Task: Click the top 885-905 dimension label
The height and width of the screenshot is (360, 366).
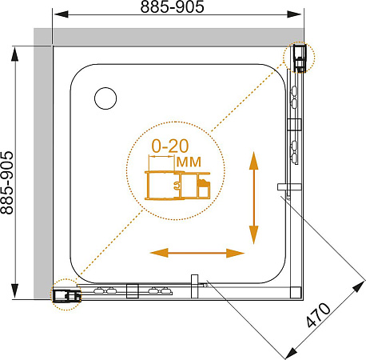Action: click(x=172, y=6)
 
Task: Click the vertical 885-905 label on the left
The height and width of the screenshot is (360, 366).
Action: click(x=6, y=183)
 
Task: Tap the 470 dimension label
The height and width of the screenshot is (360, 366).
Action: click(x=318, y=314)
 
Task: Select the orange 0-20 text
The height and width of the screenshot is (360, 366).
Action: click(x=170, y=146)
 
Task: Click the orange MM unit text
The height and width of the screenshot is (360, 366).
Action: click(x=189, y=162)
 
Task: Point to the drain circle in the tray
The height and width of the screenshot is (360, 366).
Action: click(x=105, y=98)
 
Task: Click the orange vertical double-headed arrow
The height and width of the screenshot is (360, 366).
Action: click(x=254, y=198)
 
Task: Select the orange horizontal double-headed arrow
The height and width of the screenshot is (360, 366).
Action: click(x=197, y=253)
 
